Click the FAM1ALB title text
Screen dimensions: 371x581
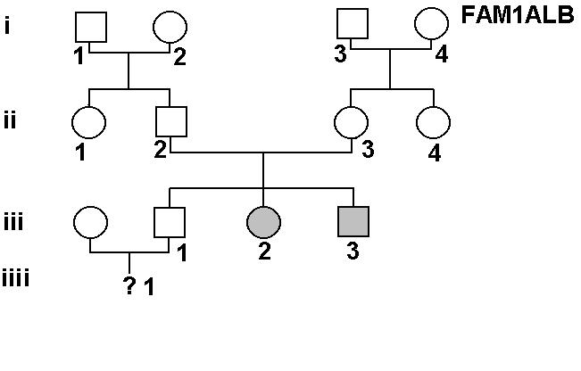point(518,15)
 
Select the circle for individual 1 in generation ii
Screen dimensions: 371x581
point(89,122)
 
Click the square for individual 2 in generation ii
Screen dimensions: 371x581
point(170,122)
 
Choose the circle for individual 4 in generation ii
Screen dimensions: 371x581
point(432,122)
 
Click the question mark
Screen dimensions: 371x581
point(129,286)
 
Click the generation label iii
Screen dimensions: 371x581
point(13,220)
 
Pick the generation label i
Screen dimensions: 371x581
point(7,24)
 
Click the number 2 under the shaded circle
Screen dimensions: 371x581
point(264,252)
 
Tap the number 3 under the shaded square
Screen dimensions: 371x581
point(353,252)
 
